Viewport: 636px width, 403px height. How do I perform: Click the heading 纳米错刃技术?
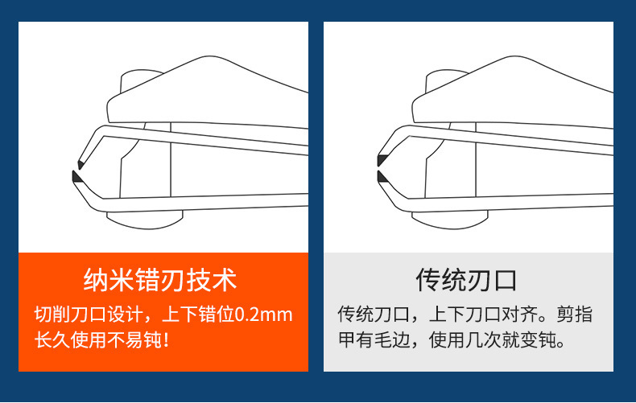click(160, 280)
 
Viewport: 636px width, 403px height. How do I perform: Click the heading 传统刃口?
click(466, 280)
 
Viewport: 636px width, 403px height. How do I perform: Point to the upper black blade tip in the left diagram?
click(81, 164)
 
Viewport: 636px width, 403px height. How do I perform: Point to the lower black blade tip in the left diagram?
click(76, 177)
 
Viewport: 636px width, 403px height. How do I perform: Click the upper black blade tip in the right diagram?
click(382, 161)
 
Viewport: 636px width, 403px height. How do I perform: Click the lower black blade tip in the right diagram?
click(382, 177)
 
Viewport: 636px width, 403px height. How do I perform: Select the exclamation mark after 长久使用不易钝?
click(166, 339)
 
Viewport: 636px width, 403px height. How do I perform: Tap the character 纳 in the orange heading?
click(96, 280)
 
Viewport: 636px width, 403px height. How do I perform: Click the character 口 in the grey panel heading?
click(505, 281)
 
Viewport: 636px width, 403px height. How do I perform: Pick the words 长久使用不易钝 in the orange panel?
click(98, 339)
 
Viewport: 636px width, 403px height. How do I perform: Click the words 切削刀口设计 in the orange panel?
click(89, 315)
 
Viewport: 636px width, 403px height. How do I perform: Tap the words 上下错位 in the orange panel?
click(199, 315)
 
